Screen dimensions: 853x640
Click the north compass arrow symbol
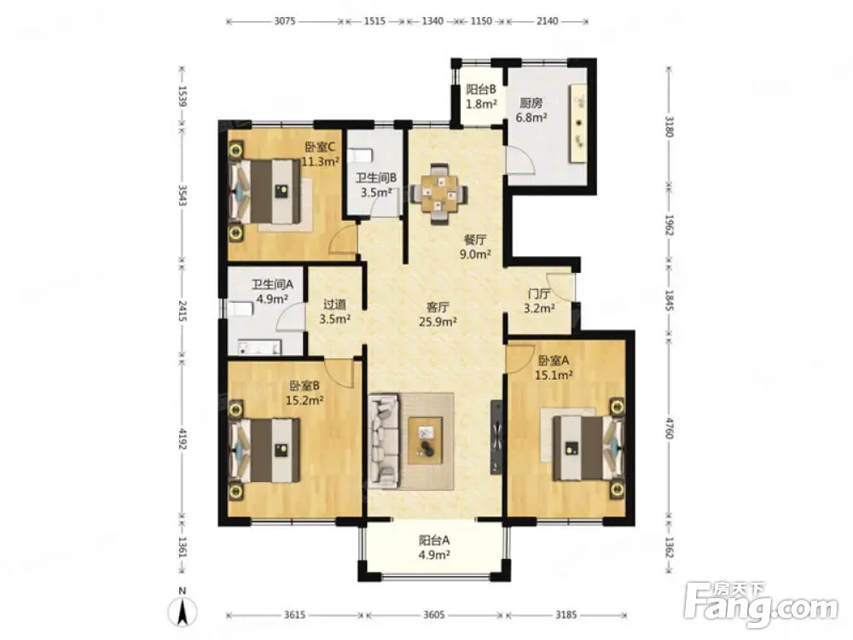(x=183, y=609)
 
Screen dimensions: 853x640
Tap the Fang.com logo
(x=761, y=603)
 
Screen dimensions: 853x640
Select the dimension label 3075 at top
(x=285, y=21)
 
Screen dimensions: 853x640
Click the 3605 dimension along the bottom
(x=433, y=615)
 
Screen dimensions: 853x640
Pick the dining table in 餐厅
(x=438, y=193)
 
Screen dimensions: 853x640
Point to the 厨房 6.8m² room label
(x=531, y=110)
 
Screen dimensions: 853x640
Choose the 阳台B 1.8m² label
(x=481, y=96)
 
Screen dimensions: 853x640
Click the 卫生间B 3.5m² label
(x=376, y=185)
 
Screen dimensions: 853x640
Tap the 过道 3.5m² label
(x=334, y=311)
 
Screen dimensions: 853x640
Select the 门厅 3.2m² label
(x=539, y=301)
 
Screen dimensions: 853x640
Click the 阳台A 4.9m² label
(x=434, y=548)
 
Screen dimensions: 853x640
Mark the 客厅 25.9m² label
(x=438, y=315)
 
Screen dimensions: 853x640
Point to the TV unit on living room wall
(x=496, y=438)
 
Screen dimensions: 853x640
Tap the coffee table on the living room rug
(x=426, y=440)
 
